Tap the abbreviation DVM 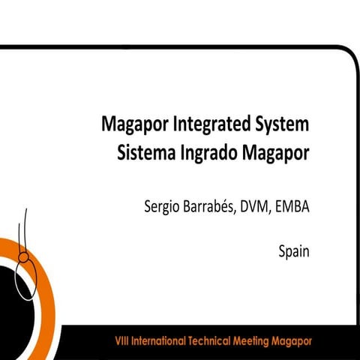click(x=256, y=206)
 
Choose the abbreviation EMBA click(x=292, y=206)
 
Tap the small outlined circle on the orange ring click(x=24, y=257)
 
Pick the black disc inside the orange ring click(x=19, y=300)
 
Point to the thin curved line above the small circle click(x=28, y=225)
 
